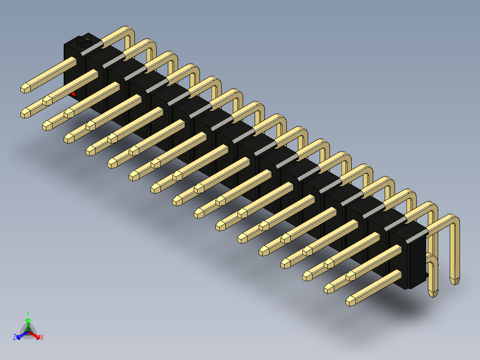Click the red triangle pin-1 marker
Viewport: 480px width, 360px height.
pyautogui.click(x=73, y=94)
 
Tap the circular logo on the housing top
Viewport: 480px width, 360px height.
pyautogui.click(x=83, y=43)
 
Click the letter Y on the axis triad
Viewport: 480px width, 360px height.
pyautogui.click(x=28, y=314)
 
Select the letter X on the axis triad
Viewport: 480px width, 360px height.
pyautogui.click(x=42, y=337)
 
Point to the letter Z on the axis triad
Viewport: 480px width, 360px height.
pyautogui.click(x=14, y=337)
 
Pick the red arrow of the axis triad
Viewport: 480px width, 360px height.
pyautogui.click(x=34, y=335)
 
